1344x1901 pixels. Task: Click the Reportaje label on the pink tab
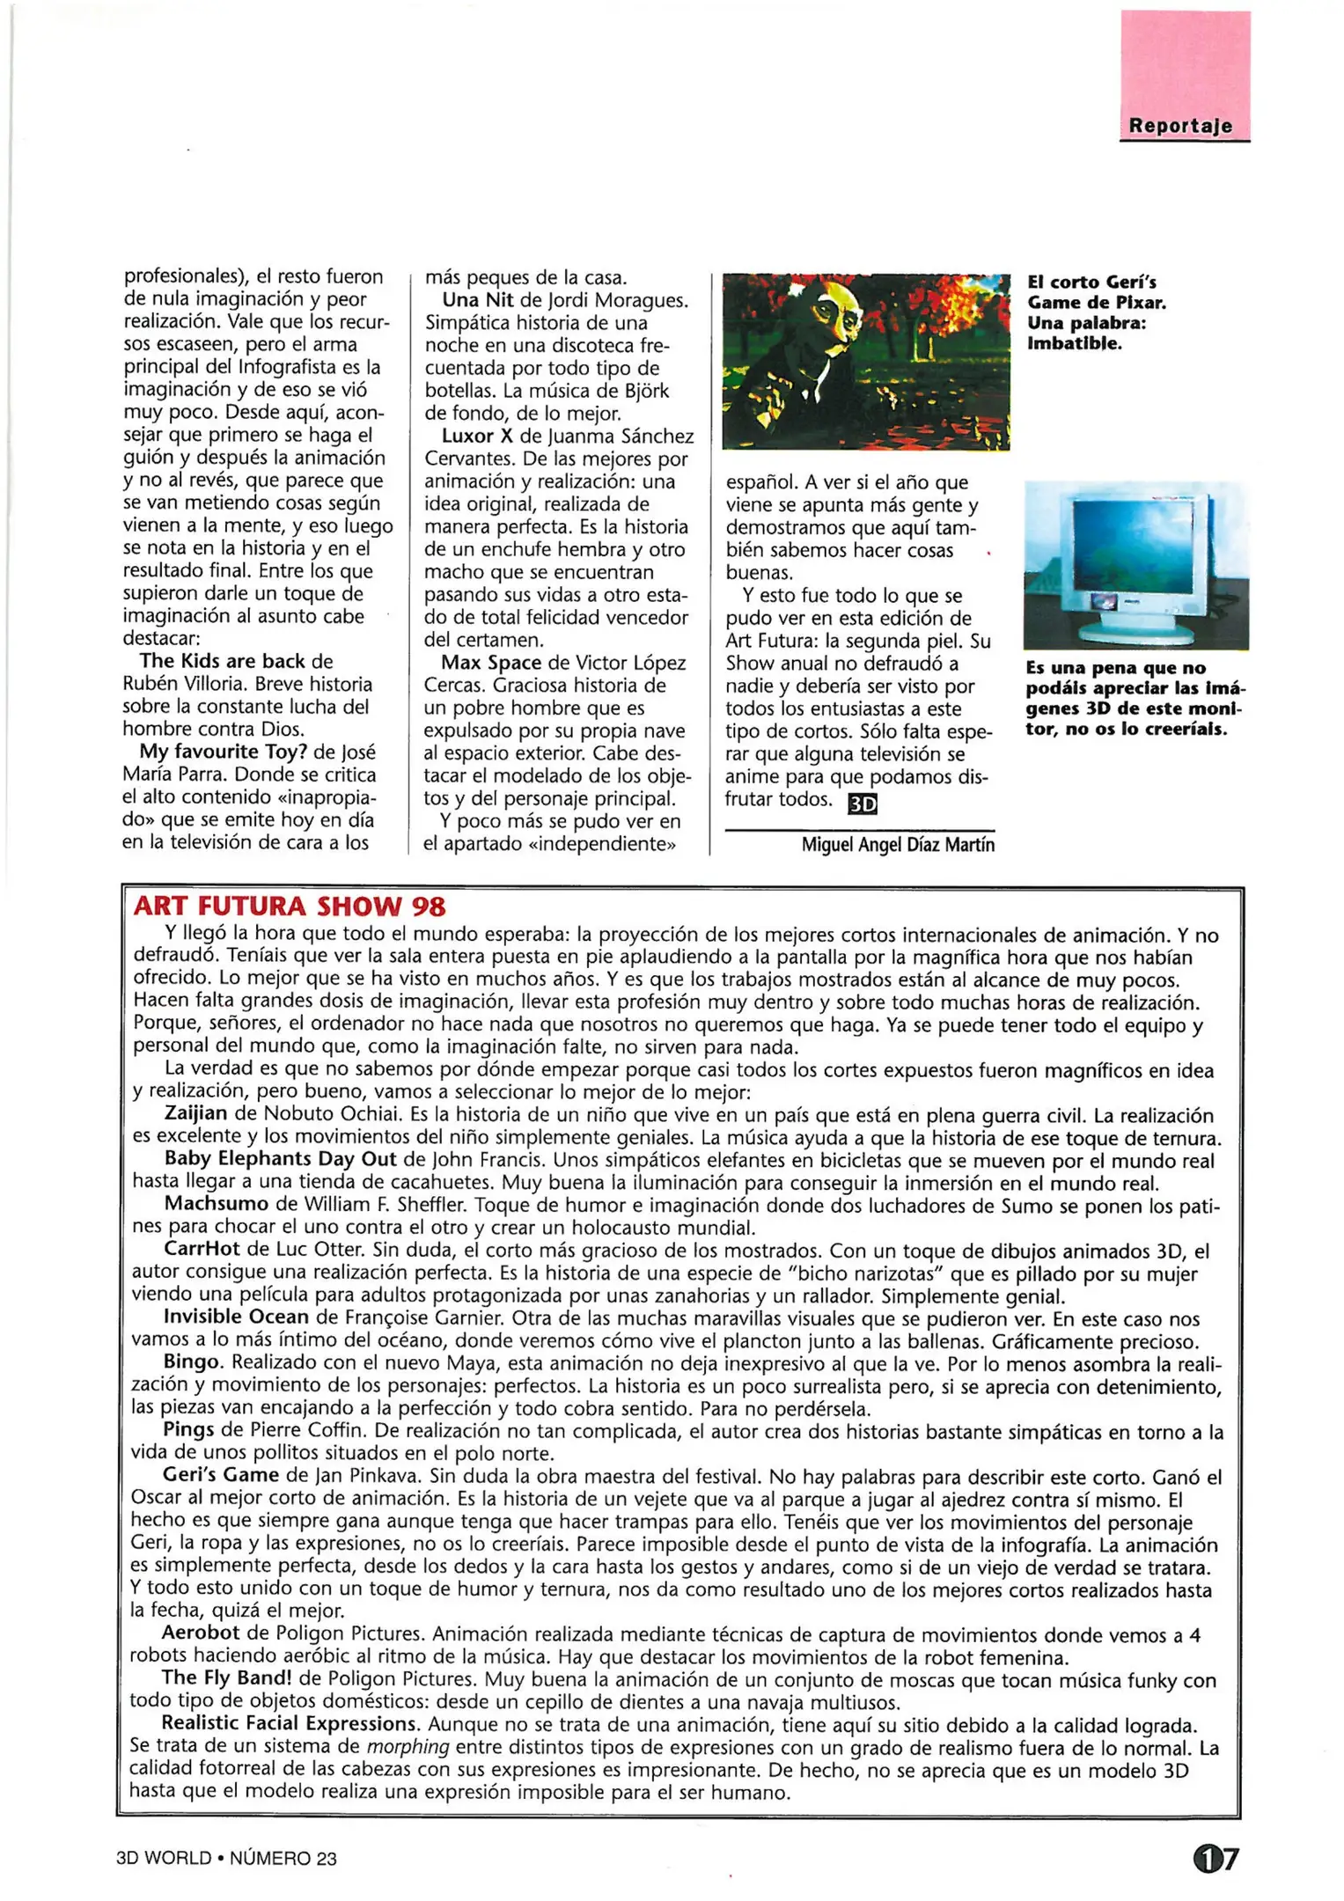1180,126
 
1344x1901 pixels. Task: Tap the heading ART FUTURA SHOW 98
290,906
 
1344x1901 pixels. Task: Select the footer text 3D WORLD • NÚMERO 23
226,1859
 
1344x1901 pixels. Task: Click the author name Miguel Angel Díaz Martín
898,845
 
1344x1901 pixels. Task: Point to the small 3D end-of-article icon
862,804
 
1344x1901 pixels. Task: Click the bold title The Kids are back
222,661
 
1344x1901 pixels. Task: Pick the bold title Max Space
491,663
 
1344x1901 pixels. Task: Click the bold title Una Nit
477,300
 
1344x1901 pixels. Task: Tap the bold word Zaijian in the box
195,1113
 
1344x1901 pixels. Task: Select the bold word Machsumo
216,1204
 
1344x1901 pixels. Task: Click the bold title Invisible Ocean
236,1317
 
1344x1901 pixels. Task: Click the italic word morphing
408,1747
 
